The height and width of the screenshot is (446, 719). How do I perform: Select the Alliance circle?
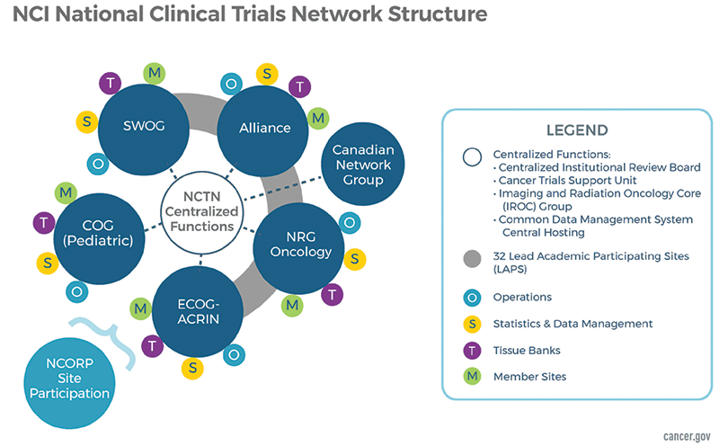click(264, 128)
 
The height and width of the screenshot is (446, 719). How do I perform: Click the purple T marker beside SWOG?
click(112, 83)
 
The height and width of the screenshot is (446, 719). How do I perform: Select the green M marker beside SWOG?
click(154, 72)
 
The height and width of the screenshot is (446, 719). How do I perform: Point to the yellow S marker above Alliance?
click(267, 73)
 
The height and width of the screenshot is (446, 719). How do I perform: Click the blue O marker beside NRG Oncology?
click(351, 222)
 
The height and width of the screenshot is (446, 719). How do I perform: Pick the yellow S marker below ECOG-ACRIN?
click(191, 368)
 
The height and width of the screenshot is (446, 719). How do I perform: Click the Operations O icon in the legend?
click(469, 297)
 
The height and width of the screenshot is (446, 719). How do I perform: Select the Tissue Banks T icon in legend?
click(469, 349)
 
